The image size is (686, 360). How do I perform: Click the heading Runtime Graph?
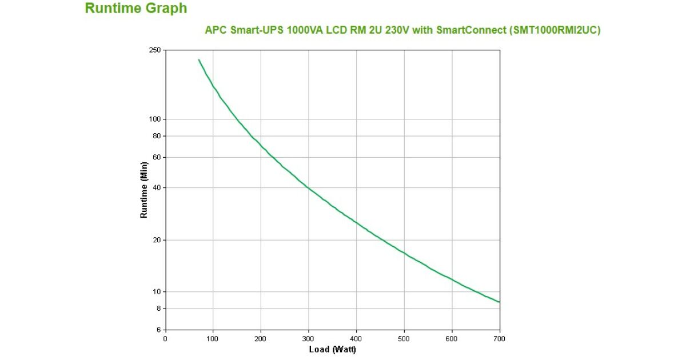tap(135, 9)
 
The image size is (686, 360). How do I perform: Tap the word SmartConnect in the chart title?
tap(470, 31)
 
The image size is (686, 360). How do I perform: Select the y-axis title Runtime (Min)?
tap(144, 190)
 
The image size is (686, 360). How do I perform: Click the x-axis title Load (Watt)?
tap(332, 349)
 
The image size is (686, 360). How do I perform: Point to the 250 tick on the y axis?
tap(155, 50)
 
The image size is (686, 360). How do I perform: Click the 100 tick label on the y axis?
tap(155, 119)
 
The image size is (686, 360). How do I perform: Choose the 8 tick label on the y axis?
tap(158, 309)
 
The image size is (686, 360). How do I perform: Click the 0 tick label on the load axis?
tap(165, 339)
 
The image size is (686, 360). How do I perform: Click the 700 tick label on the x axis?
tap(500, 339)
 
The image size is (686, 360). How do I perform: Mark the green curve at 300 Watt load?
tap(309, 187)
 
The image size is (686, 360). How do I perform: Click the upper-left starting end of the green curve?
tap(199, 59)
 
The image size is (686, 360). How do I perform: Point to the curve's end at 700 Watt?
tap(499, 302)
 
